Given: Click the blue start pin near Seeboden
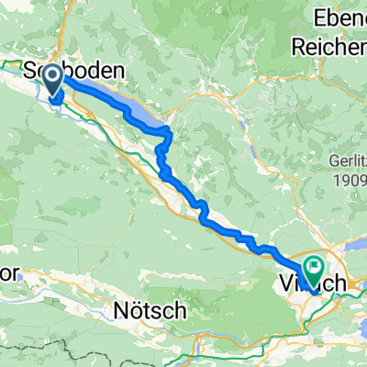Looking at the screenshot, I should (x=53, y=79).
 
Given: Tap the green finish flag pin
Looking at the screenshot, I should (x=314, y=268).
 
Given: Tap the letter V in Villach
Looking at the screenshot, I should (x=284, y=284).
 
